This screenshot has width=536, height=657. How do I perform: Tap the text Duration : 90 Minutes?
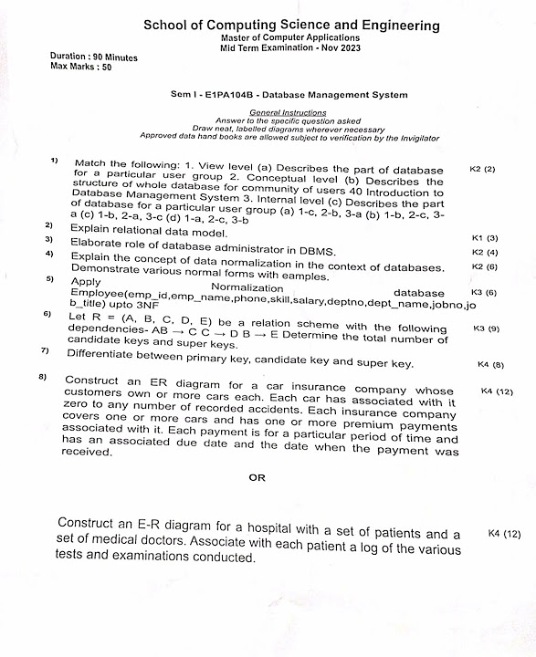(94, 57)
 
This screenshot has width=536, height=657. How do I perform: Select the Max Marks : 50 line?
(81, 67)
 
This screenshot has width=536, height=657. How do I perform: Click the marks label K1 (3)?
(485, 237)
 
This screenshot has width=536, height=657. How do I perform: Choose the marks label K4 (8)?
(491, 364)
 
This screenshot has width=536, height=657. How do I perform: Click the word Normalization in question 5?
(247, 287)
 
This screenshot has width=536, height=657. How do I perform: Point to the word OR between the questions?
(257, 476)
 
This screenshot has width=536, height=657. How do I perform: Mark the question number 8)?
(42, 377)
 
